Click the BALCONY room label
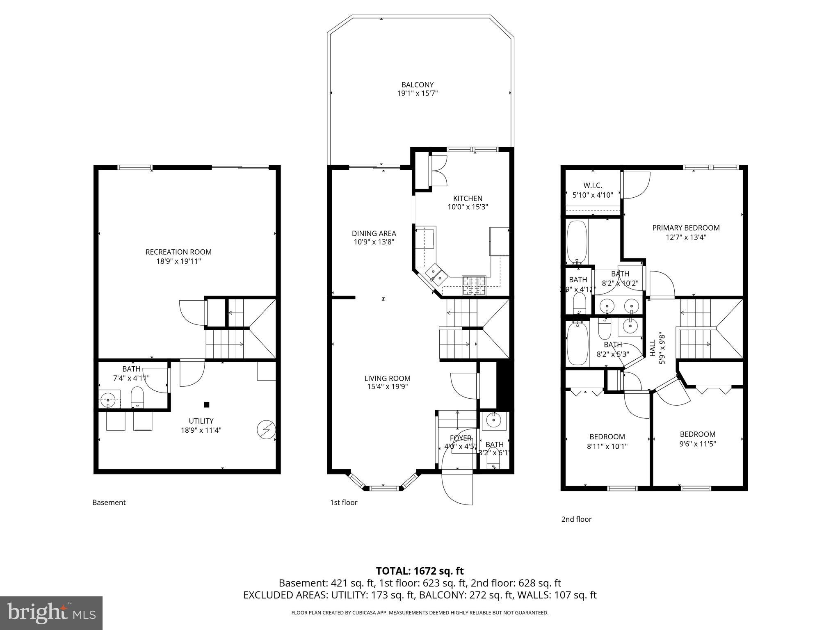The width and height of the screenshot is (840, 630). tap(417, 85)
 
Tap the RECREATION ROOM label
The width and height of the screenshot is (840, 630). tap(178, 252)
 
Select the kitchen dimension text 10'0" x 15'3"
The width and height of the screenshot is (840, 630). tap(468, 208)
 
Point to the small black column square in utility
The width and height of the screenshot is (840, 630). tap(207, 405)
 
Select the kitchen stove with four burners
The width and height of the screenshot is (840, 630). tap(474, 285)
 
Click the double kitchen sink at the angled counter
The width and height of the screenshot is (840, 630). tap(435, 274)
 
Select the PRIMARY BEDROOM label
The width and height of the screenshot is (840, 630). tap(686, 228)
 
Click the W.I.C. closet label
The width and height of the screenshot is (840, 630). tap(593, 185)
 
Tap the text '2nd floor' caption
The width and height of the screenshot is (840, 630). tap(576, 519)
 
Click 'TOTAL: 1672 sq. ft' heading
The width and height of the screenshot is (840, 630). tap(420, 571)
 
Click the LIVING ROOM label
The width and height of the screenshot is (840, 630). tap(387, 378)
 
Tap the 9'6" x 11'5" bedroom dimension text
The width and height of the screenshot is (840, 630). tap(697, 443)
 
